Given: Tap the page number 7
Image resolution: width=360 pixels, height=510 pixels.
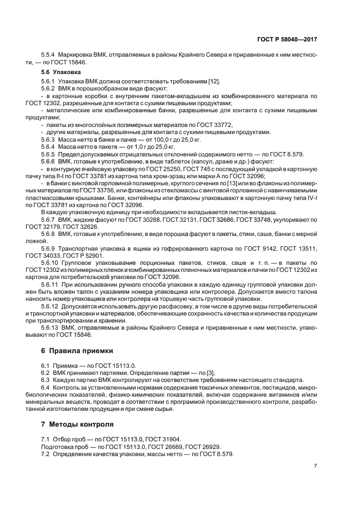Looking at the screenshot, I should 316,466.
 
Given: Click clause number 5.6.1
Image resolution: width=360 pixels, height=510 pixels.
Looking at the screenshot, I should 50,81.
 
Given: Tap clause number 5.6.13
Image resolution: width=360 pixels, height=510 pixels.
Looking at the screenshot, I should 51,328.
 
